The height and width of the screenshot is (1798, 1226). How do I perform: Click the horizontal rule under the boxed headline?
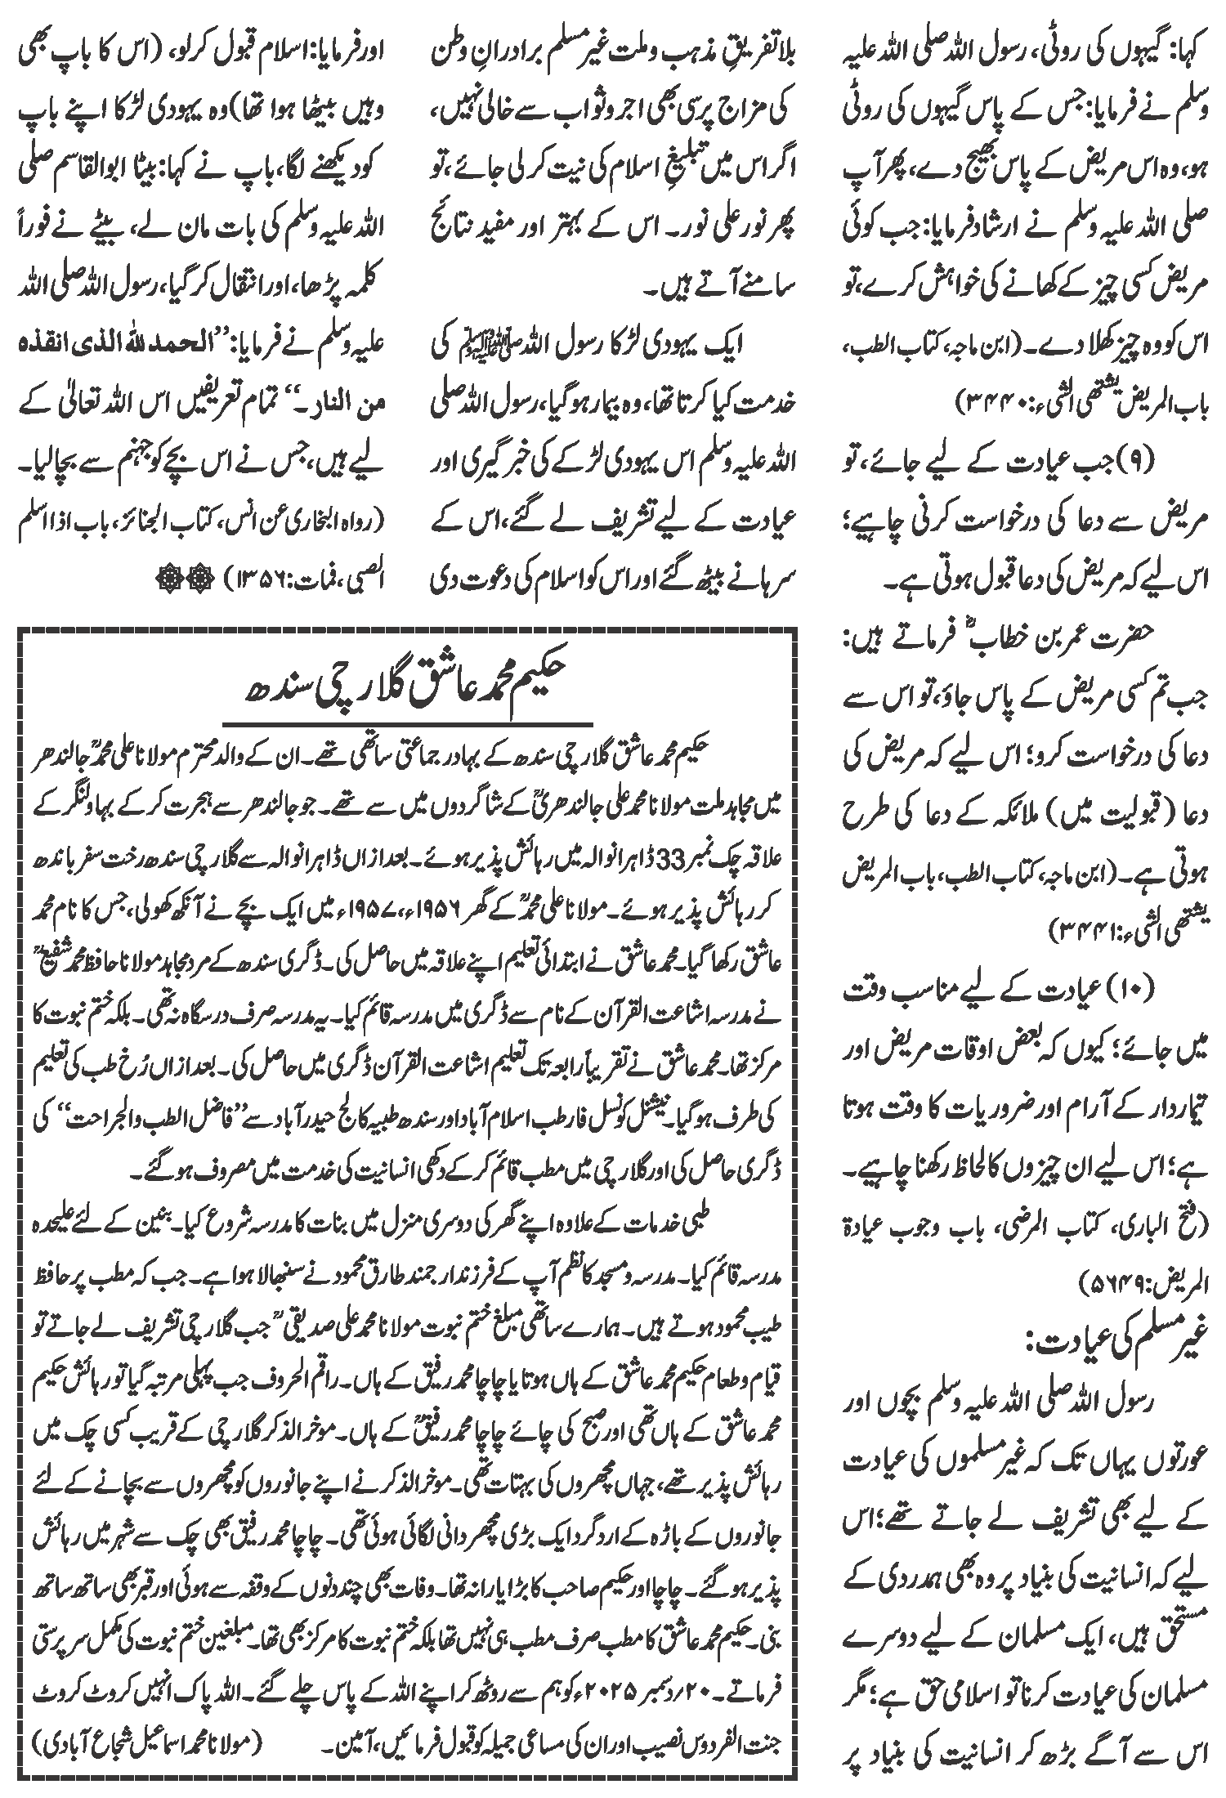(x=405, y=721)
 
